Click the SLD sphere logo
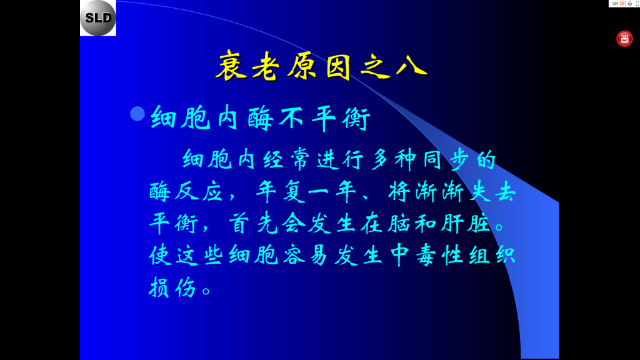98,18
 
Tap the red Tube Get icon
624,39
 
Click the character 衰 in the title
231,66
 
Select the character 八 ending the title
411,66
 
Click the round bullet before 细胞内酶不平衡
137,114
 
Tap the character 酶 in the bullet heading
261,118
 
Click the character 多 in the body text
380,159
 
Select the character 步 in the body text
460,159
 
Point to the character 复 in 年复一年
294,191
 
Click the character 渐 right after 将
426,191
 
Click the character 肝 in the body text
452,224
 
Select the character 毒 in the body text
426,256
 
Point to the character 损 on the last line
159,287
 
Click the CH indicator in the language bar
615,4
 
